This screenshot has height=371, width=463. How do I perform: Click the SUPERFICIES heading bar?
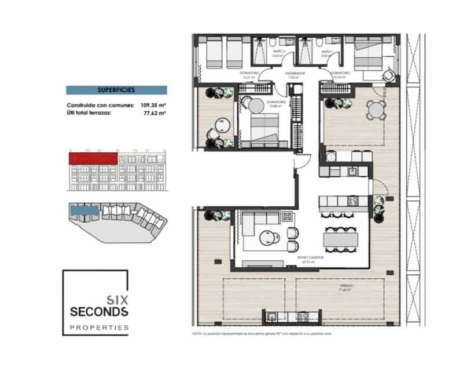tap(116, 90)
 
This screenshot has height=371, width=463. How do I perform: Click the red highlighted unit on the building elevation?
tap(93, 157)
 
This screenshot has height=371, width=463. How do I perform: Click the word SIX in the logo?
tap(116, 300)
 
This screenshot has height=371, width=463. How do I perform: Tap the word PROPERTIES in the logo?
tap(99, 328)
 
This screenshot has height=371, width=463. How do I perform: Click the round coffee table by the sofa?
tap(268, 238)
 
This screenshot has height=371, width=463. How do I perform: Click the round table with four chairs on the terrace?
tap(376, 109)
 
